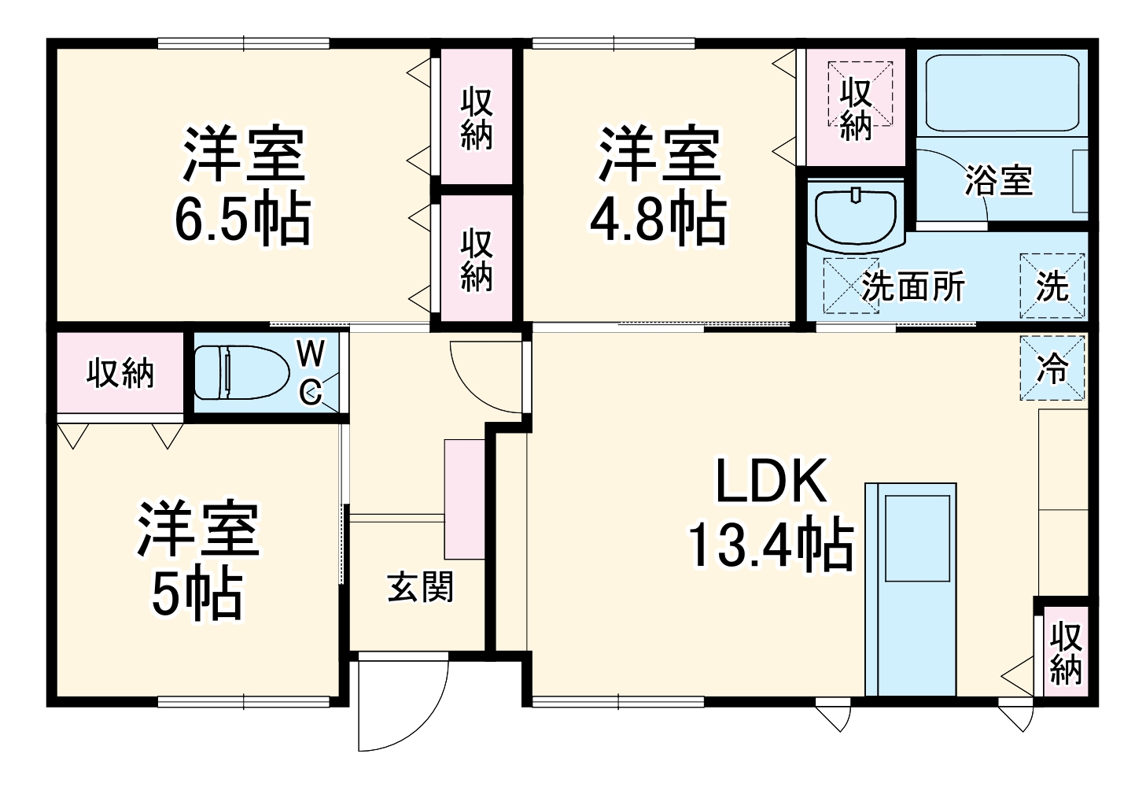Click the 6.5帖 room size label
(242, 218)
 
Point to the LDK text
(771, 482)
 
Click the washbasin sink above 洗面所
(856, 213)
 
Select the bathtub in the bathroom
(1000, 93)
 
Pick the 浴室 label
(998, 181)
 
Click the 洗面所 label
(912, 286)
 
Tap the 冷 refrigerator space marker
(1052, 368)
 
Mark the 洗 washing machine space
(1052, 286)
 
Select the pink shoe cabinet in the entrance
(464, 499)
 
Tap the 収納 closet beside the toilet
(120, 372)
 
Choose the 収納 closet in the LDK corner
(1066, 652)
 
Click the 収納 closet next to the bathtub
(856, 108)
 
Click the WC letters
(311, 372)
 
